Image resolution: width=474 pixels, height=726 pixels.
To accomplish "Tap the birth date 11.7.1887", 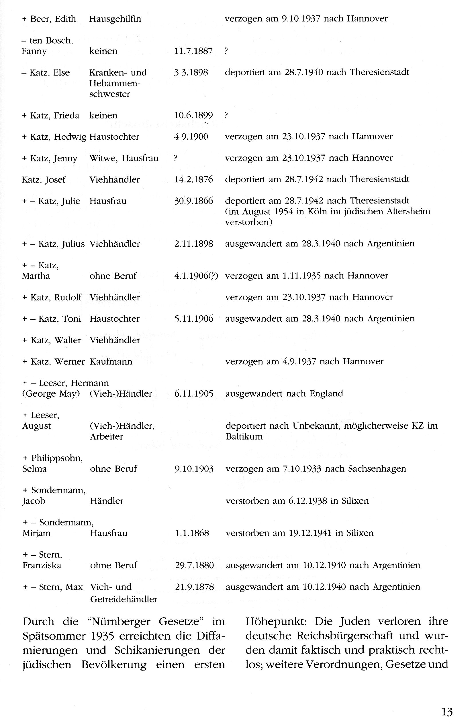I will [193, 51].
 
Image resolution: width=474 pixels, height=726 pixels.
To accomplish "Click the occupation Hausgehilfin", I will [115, 19].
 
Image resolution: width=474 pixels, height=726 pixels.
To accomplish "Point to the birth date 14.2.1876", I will [193, 179].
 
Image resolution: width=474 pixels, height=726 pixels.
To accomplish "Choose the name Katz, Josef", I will [43, 179].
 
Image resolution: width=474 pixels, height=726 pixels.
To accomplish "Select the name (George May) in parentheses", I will [51, 393].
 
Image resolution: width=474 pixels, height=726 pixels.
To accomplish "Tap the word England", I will [326, 393].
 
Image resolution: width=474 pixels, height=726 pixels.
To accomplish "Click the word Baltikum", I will [244, 436].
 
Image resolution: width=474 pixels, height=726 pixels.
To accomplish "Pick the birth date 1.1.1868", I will [192, 533].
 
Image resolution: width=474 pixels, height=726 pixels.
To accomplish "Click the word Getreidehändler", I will [124, 599].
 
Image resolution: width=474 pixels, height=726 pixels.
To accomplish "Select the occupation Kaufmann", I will [111, 361].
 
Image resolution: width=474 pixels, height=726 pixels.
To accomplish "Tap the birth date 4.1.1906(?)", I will [196, 276].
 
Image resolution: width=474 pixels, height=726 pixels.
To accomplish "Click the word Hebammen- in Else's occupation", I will [115, 83].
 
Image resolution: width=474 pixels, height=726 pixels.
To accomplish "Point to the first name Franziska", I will [42, 565].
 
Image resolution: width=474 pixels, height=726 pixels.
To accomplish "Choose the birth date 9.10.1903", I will [194, 468].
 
